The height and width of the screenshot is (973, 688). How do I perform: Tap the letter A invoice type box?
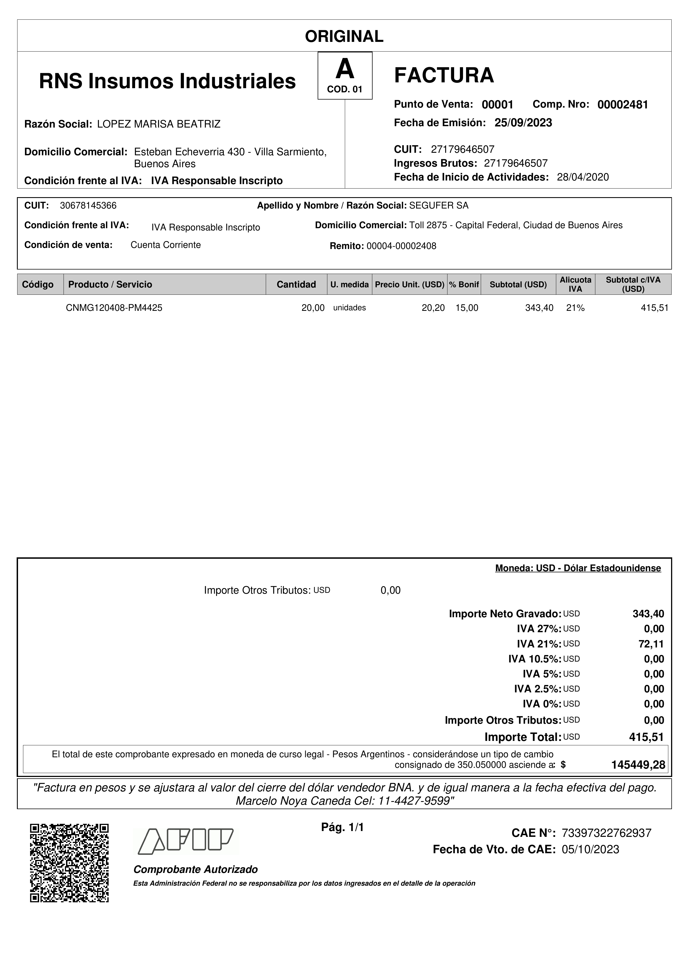click(345, 75)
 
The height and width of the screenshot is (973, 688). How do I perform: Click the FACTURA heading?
click(444, 75)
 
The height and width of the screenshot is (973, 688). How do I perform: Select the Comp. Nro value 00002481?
click(622, 105)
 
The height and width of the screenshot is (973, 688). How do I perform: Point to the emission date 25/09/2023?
click(523, 123)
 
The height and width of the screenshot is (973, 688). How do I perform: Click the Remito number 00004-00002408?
click(401, 246)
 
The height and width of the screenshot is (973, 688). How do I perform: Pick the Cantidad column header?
click(296, 284)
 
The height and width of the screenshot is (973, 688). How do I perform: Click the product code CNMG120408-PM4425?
click(114, 308)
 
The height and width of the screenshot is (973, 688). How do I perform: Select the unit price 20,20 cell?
click(433, 308)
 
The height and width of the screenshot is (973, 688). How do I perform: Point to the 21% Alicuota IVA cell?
click(575, 308)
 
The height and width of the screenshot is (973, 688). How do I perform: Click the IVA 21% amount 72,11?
click(651, 644)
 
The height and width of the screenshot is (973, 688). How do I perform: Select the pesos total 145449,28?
click(638, 765)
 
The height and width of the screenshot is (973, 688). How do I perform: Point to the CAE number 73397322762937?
click(606, 833)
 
